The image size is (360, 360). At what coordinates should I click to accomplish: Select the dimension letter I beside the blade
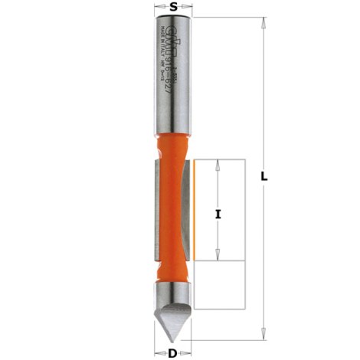coord(219,214)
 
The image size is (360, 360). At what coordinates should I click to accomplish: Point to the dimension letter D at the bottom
coord(174,352)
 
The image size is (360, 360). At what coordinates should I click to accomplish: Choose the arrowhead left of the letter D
coord(162,352)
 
